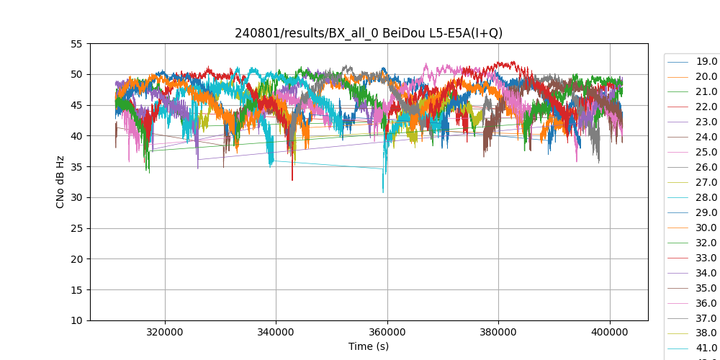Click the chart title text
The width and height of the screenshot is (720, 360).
[369, 33]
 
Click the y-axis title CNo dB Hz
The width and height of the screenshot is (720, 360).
[60, 182]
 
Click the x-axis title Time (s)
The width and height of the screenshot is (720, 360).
[369, 346]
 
